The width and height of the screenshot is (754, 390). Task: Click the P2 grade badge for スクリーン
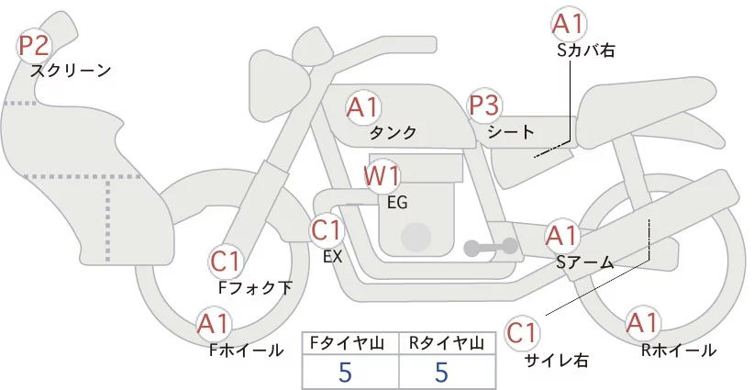(x=36, y=45)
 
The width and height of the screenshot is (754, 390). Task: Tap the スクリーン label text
(x=71, y=70)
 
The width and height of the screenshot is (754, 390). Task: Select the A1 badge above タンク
(x=363, y=107)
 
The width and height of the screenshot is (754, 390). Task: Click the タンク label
(x=393, y=132)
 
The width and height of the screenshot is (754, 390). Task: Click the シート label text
(x=510, y=131)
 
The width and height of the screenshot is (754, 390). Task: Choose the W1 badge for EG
(x=383, y=175)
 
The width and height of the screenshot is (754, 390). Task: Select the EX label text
(x=332, y=257)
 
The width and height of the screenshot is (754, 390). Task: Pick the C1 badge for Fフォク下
(x=226, y=262)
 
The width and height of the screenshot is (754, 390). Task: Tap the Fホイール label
(x=246, y=350)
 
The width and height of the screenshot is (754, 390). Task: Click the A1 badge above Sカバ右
(x=569, y=24)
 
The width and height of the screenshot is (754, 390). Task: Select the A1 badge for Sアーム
(x=561, y=236)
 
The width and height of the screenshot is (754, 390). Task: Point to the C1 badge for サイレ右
(x=523, y=331)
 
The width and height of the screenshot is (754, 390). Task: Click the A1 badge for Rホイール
(x=642, y=323)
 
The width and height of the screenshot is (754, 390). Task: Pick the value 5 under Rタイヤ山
(x=443, y=372)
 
